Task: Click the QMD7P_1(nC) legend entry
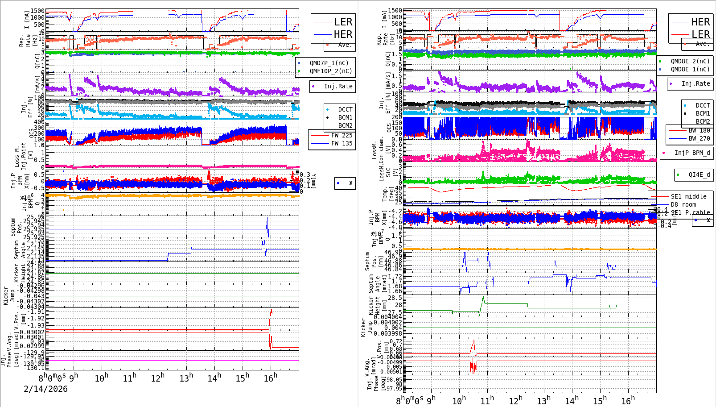pos(329,63)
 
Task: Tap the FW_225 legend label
pos(342,135)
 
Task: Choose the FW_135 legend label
pos(342,143)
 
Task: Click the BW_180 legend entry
pos(699,130)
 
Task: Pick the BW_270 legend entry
pos(699,138)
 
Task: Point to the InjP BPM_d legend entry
pos(692,153)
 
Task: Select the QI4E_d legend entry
pos(699,174)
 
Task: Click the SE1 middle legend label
pos(688,196)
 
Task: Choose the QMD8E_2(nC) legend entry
pos(690,61)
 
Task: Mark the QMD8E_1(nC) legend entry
pos(690,69)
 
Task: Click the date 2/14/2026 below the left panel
pos(45,389)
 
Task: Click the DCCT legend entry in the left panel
pos(345,109)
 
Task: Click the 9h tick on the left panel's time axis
pos(74,377)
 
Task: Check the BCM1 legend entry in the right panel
pos(703,113)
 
